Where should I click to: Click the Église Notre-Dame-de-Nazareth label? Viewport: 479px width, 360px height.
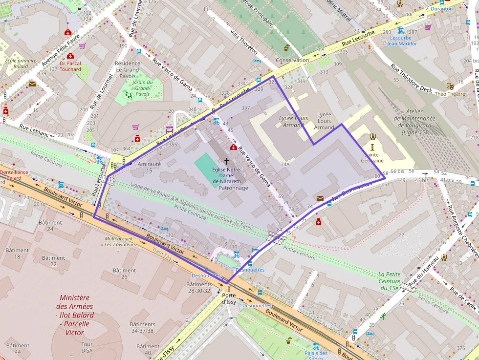coord(226,175)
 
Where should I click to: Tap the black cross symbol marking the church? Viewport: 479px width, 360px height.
coord(226,160)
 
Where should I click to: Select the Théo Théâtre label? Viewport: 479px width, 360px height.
coord(450,94)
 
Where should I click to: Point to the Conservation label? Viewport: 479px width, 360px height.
coord(292,60)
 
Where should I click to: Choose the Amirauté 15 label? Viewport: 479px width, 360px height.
coord(149,168)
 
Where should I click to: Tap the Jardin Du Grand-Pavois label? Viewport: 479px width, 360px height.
coord(142,88)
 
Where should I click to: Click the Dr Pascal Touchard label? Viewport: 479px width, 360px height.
coord(70,66)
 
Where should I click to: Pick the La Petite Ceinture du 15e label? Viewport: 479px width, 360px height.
coord(390,281)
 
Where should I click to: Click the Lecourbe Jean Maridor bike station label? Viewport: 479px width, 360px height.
coord(402,41)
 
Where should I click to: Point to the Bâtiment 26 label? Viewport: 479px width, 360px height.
coord(124,274)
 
